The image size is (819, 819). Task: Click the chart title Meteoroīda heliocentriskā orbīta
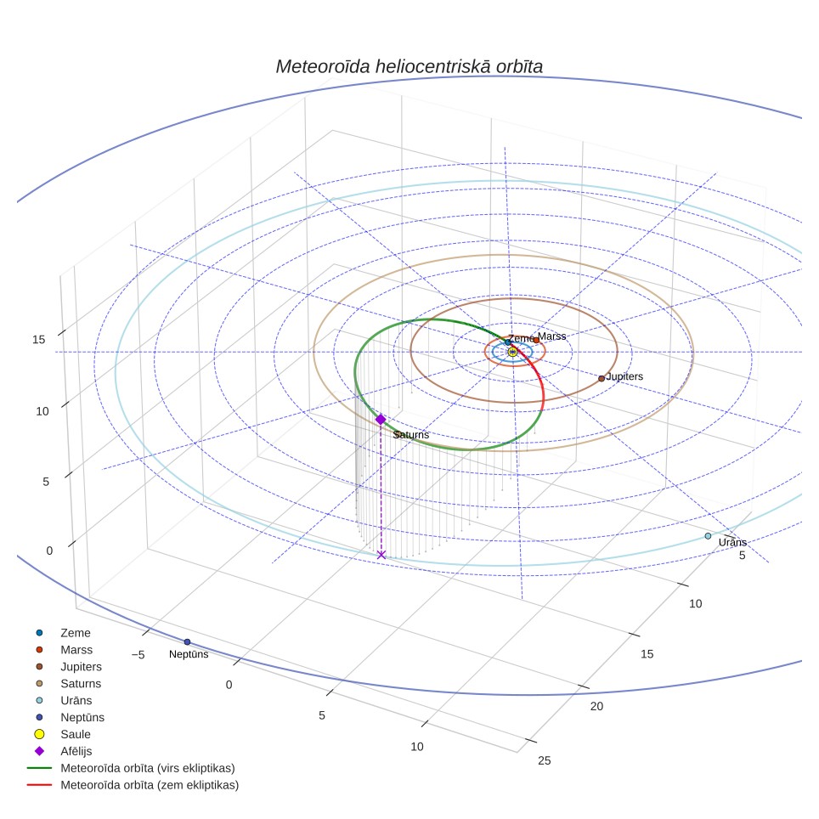pos(409,66)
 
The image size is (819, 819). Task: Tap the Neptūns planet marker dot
pos(188,642)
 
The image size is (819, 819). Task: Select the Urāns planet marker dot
pos(708,536)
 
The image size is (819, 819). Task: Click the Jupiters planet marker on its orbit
pos(602,378)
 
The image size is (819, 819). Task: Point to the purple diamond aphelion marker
pos(381,420)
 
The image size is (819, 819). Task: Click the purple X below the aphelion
pos(381,555)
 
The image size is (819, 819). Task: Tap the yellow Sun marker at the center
pos(512,352)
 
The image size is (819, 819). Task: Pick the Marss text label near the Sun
pos(551,336)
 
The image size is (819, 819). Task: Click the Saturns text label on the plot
pos(411,435)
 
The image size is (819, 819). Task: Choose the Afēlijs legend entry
pos(62,751)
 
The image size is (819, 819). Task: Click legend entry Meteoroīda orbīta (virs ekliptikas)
pos(131,768)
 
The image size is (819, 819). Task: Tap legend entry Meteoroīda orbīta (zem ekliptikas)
pos(133,785)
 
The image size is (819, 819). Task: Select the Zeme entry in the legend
pos(62,633)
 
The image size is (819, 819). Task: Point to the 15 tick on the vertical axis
pos(38,340)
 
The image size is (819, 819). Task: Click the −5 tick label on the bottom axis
pos(138,654)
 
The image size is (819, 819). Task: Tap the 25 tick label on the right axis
pos(545,760)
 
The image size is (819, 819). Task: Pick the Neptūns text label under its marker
pos(189,654)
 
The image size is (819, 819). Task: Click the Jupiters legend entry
pos(67,666)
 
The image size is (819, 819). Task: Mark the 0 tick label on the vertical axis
pos(49,551)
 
